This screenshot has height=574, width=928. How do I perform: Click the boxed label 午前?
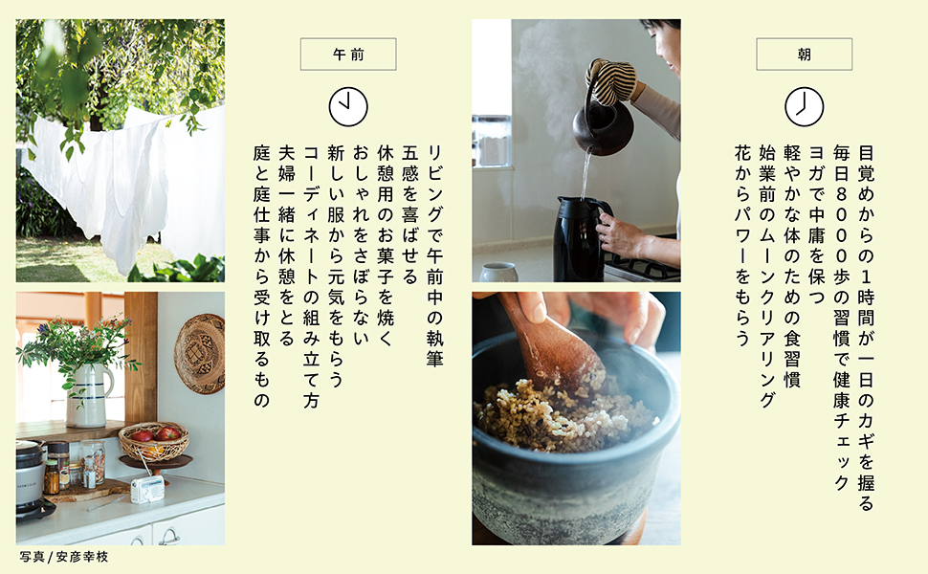[348, 55]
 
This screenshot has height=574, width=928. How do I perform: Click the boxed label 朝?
[804, 55]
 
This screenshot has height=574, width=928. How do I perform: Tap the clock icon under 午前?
[348, 107]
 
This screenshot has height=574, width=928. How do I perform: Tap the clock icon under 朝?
[804, 107]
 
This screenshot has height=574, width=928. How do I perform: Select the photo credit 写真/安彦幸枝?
[64, 557]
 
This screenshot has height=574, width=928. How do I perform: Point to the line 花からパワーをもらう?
[742, 246]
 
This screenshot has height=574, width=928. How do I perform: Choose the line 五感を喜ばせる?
[409, 215]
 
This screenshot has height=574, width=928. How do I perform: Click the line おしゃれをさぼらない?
[361, 244]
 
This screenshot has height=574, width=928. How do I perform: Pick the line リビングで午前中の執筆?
[434, 255]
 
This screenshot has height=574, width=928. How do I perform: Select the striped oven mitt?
[612, 80]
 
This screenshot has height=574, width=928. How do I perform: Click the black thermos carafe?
[580, 239]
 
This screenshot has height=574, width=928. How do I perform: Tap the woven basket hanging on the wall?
[200, 354]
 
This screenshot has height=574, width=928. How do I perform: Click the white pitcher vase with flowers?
[88, 395]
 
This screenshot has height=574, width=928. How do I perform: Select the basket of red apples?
[154, 440]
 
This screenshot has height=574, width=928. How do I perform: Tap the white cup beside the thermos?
[498, 273]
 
